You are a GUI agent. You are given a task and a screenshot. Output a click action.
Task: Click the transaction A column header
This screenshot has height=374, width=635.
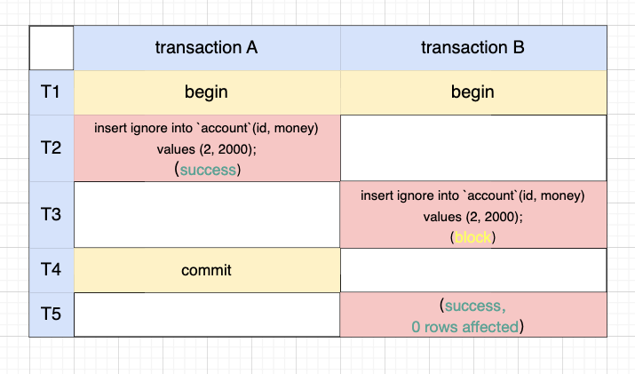tap(206, 48)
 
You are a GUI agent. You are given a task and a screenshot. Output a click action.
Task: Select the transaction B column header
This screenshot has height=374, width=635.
tap(473, 48)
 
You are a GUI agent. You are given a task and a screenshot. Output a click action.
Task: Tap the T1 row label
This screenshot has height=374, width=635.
tap(51, 92)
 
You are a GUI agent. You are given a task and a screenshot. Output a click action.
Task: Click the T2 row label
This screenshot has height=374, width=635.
tap(51, 147)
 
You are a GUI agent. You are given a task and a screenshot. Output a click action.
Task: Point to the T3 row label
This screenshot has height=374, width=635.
tap(51, 214)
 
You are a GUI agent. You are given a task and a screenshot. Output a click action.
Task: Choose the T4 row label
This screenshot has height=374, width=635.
tap(51, 270)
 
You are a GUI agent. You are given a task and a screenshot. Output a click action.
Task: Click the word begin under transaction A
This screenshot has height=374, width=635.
tap(206, 92)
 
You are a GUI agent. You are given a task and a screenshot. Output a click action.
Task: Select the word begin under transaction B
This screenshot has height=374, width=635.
tap(473, 92)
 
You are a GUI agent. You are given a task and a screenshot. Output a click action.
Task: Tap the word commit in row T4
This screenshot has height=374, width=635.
tap(206, 270)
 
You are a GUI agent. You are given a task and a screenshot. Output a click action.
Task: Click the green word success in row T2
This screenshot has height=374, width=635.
tap(210, 170)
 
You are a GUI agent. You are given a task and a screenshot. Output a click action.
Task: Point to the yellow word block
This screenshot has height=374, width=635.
tap(473, 238)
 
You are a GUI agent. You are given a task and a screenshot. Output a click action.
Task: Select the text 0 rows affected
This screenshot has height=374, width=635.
tap(464, 327)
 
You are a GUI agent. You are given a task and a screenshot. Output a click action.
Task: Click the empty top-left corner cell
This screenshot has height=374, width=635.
tap(51, 48)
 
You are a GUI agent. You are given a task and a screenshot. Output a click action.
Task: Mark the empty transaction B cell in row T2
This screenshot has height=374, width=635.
tap(473, 147)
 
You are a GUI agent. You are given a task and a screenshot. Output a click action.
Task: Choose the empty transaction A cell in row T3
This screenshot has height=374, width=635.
tap(206, 214)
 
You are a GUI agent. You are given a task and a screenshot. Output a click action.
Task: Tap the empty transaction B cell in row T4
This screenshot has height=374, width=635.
tap(473, 270)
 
